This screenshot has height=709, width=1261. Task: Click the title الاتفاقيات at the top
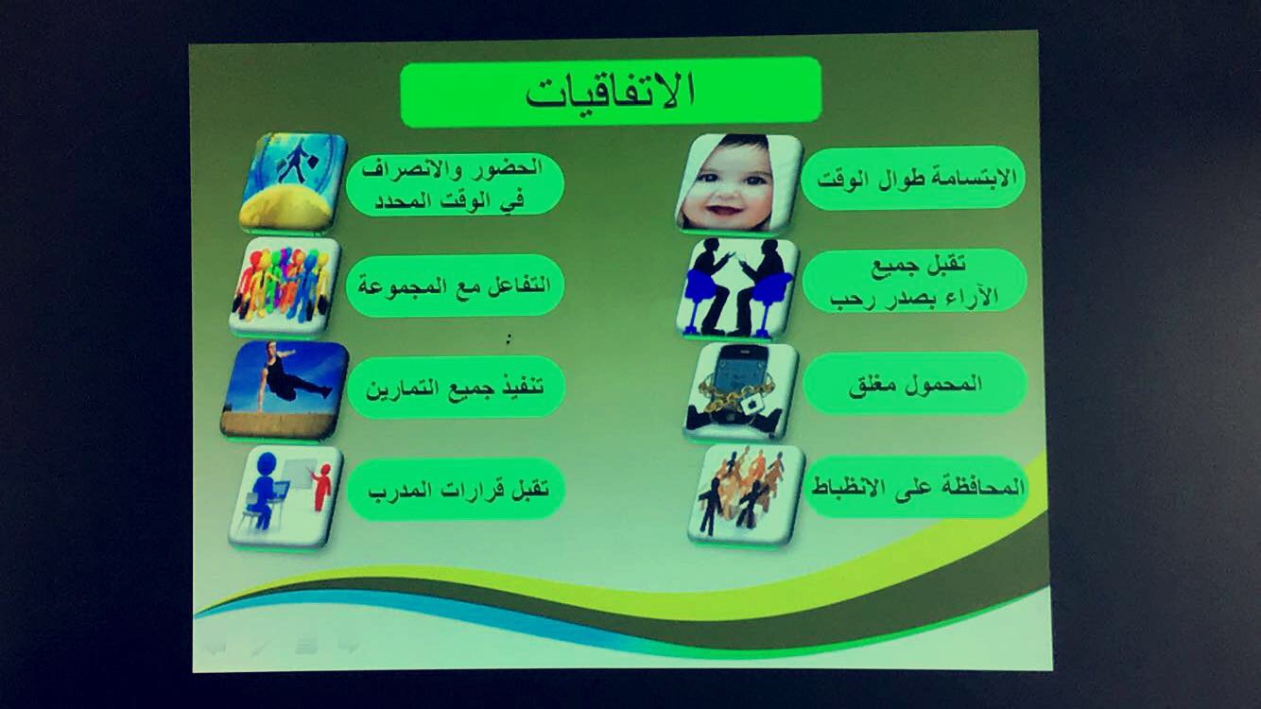[x=612, y=92]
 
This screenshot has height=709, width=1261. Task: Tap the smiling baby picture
[x=738, y=183]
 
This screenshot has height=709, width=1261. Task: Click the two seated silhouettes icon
[x=738, y=288]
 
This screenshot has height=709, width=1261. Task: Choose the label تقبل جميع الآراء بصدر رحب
[x=914, y=282]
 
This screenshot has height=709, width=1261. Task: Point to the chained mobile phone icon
[x=741, y=392]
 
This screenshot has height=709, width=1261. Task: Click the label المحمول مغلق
[x=915, y=385]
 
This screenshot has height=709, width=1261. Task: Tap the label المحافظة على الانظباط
[x=918, y=487]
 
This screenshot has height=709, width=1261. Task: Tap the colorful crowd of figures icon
[x=285, y=287]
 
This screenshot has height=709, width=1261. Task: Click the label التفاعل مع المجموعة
[x=454, y=285]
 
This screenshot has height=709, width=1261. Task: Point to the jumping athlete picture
[x=285, y=390]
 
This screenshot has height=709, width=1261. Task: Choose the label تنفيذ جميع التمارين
[x=455, y=388]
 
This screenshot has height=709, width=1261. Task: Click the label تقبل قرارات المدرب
[x=458, y=489]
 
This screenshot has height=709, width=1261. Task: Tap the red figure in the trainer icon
[x=320, y=487]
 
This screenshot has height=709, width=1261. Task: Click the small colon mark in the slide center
[x=509, y=338]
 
